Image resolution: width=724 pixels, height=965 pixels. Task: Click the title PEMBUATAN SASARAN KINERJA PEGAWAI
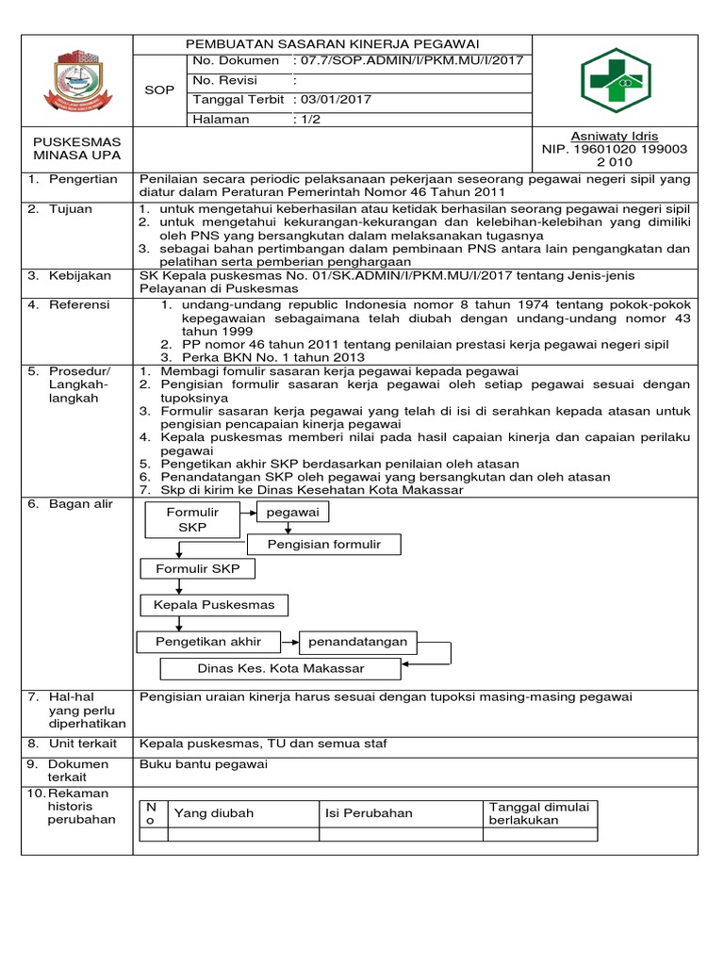[x=333, y=44]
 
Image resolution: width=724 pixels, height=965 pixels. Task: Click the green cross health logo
[x=615, y=81]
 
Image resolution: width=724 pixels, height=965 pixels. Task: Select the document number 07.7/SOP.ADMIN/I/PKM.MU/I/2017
[x=412, y=61]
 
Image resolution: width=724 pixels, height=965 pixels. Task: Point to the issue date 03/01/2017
[x=337, y=100]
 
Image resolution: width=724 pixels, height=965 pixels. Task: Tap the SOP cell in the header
[x=161, y=90]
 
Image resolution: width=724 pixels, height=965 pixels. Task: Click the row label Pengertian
[x=83, y=179]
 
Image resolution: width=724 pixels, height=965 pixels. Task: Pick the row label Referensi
[x=80, y=305]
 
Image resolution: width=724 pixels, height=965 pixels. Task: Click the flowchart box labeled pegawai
[x=293, y=513]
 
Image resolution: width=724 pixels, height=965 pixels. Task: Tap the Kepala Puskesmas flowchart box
[x=215, y=604]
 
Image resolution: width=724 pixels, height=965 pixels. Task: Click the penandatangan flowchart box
[x=357, y=642]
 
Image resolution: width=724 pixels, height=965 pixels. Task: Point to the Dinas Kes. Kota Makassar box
[x=280, y=668]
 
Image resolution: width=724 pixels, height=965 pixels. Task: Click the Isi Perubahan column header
[x=369, y=813]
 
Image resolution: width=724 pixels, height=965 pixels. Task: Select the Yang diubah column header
[x=214, y=813]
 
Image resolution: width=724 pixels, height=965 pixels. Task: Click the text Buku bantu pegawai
[x=204, y=764]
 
